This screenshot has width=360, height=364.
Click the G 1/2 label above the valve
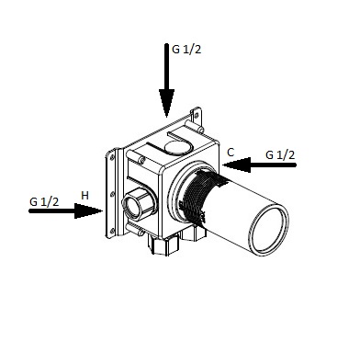(x=186, y=50)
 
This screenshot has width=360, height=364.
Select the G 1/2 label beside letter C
(x=280, y=155)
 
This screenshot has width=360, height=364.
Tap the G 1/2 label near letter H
(x=44, y=201)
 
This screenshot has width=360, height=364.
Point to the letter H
(x=84, y=195)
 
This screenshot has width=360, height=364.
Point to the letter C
(x=231, y=153)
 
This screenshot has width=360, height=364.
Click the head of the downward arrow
(x=166, y=103)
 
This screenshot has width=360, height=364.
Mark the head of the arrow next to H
(x=88, y=210)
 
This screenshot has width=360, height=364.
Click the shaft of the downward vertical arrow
(x=166, y=66)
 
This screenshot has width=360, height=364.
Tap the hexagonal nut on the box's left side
(x=138, y=203)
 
